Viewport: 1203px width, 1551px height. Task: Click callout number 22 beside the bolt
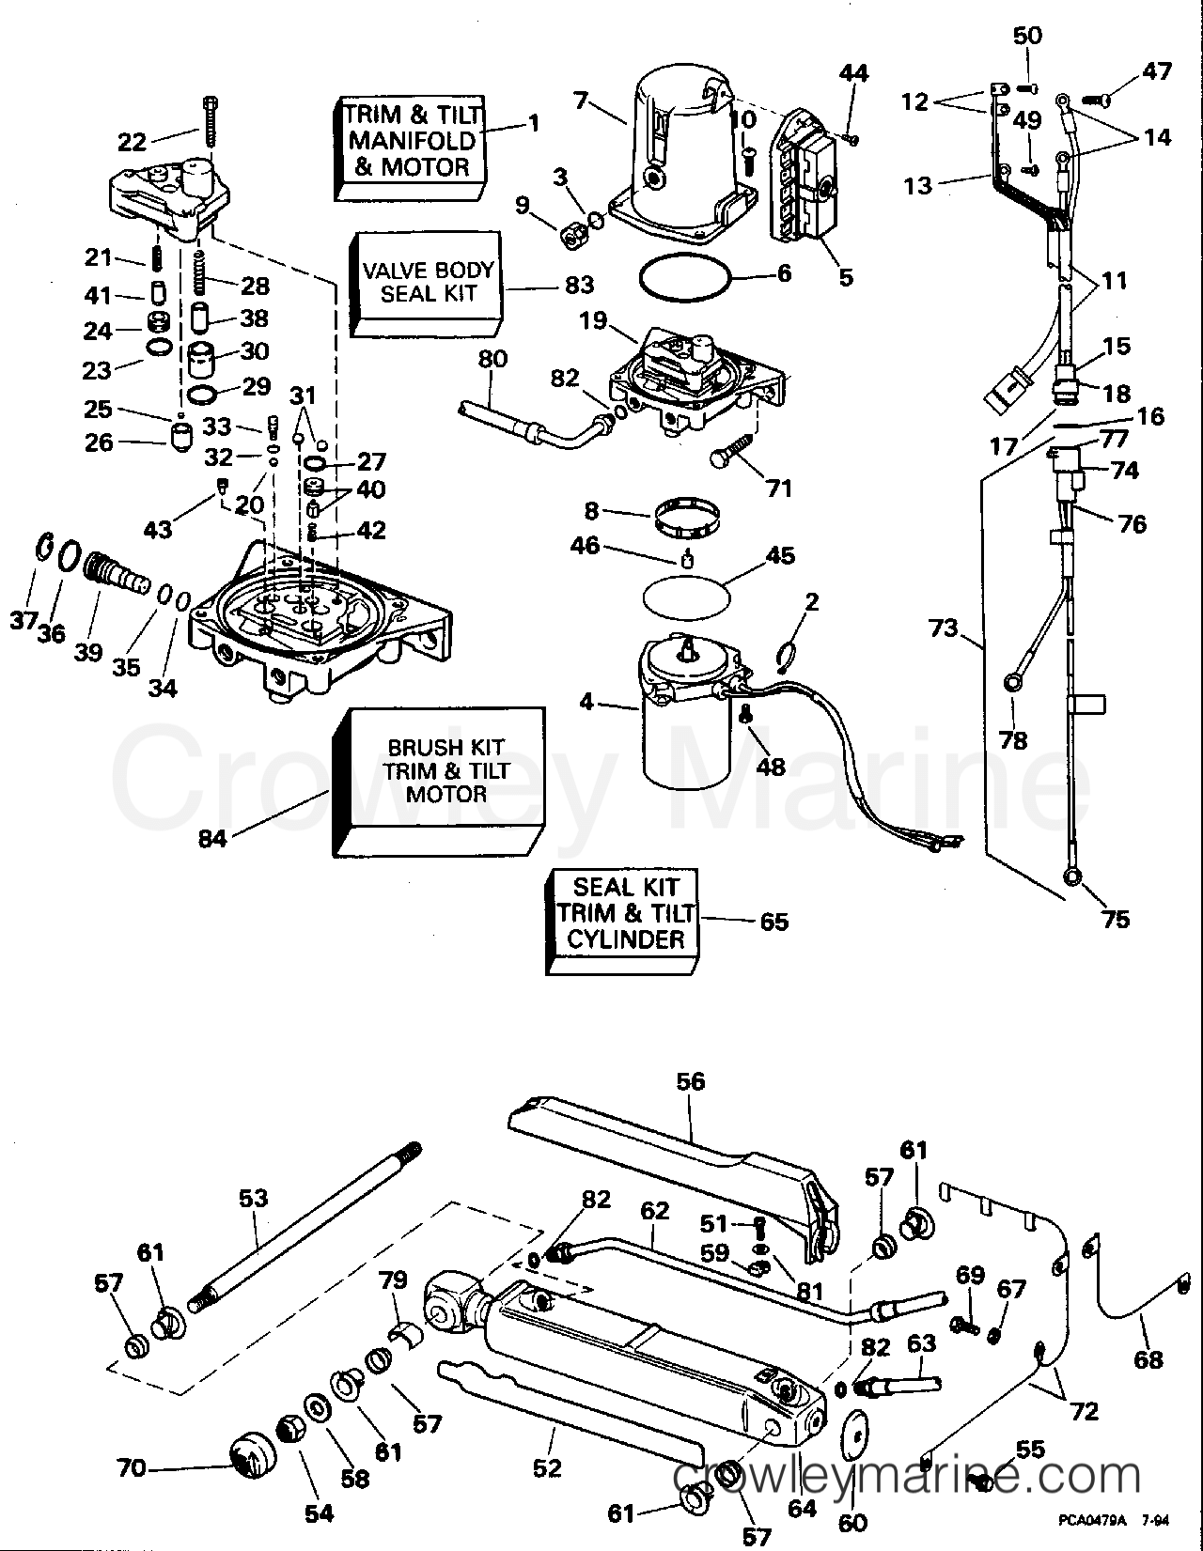[x=133, y=142]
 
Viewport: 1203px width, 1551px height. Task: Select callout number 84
[x=212, y=838]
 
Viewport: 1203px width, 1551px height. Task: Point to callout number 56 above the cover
[x=690, y=1082]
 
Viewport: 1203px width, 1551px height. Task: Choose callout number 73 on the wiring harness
[x=943, y=628]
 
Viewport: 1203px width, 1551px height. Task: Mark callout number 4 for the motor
[x=586, y=702]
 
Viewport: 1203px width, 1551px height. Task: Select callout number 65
[x=773, y=922]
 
